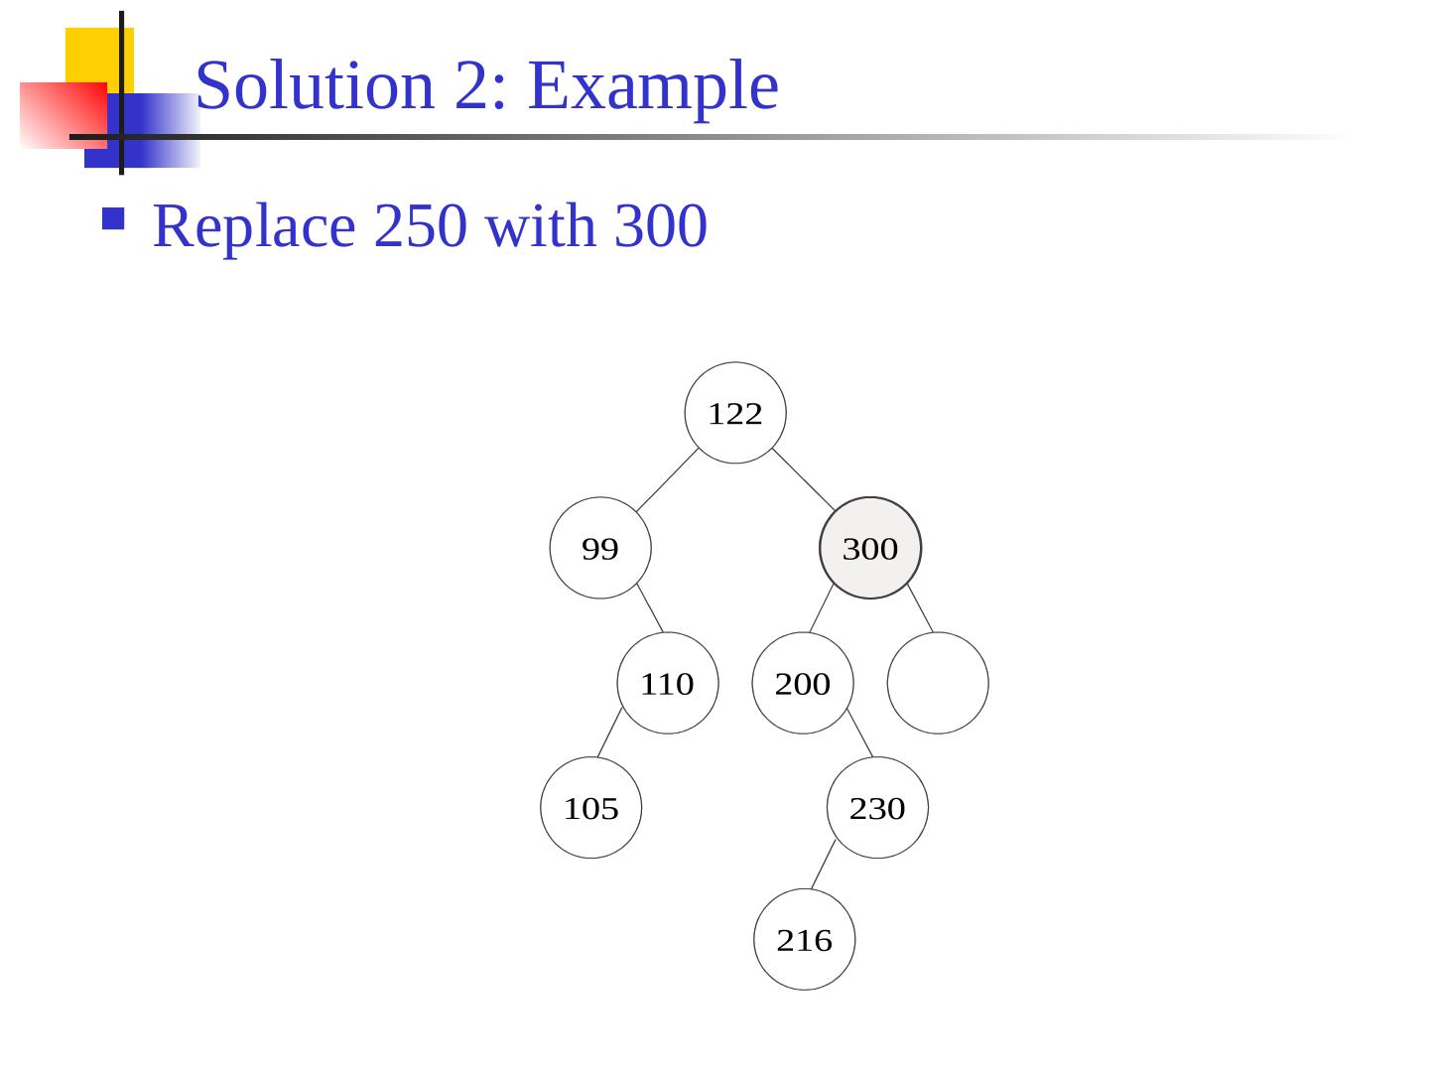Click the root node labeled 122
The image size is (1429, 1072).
[x=735, y=413]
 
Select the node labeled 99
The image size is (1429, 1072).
[x=600, y=548]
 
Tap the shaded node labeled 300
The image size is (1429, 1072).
[x=870, y=548]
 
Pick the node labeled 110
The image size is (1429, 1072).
[x=668, y=683]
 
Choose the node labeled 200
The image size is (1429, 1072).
[x=803, y=683]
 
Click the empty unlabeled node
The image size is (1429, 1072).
[x=938, y=683]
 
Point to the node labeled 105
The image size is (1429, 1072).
[x=591, y=808]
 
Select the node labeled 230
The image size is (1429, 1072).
[x=877, y=808]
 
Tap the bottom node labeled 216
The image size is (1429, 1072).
[x=804, y=939]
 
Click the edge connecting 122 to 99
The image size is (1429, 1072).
[x=667, y=480]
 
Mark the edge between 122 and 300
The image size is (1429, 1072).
[x=804, y=480]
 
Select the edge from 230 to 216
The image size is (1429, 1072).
[x=824, y=865]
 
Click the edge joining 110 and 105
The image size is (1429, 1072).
[x=609, y=733]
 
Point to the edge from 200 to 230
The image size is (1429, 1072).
[x=860, y=734]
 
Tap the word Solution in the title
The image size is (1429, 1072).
[x=316, y=85]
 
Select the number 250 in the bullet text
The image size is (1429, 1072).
[x=420, y=225]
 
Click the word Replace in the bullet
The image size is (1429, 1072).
[x=254, y=225]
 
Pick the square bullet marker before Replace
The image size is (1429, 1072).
[x=113, y=218]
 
